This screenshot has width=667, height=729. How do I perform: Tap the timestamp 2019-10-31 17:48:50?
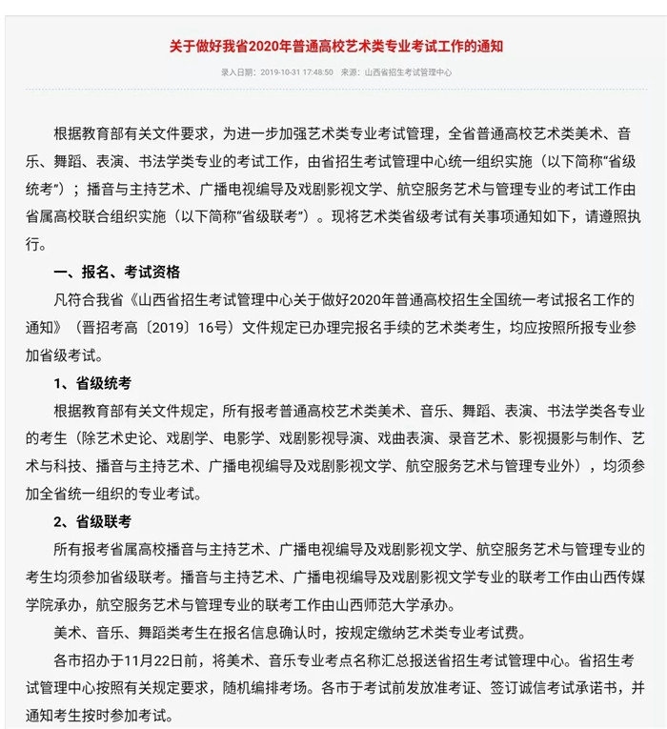click(x=296, y=72)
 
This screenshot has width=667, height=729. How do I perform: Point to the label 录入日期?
click(x=238, y=72)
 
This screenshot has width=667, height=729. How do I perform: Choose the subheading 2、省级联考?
click(x=92, y=521)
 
